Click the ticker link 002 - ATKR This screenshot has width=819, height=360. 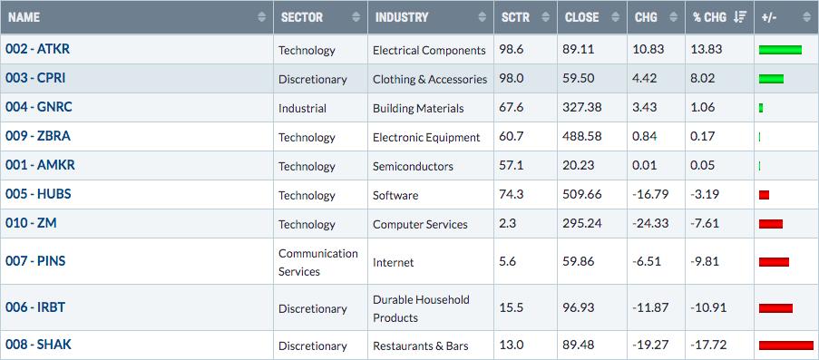point(37,49)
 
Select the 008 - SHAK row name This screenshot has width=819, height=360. point(39,345)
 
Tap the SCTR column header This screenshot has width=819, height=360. point(514,17)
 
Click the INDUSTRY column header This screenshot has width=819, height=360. point(402,17)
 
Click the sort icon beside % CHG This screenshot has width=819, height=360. point(739,17)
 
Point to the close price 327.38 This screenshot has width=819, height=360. point(582,108)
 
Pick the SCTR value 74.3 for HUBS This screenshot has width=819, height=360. point(508,195)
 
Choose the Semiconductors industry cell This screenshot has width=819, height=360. point(413,166)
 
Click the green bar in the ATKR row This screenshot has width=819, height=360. point(780,50)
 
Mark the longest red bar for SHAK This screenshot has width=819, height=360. point(786,345)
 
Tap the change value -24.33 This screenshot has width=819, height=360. point(650,224)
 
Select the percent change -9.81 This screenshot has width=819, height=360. point(705,261)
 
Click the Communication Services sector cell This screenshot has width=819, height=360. point(318,262)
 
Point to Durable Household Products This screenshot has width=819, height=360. point(414,308)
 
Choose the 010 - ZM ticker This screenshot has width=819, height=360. point(31,223)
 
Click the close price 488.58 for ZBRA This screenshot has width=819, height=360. point(582,137)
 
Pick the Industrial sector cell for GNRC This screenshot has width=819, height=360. point(302,108)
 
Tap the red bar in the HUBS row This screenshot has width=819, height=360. point(765,195)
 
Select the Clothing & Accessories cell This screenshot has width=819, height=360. point(430,80)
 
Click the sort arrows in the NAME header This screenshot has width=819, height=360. point(262,17)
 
